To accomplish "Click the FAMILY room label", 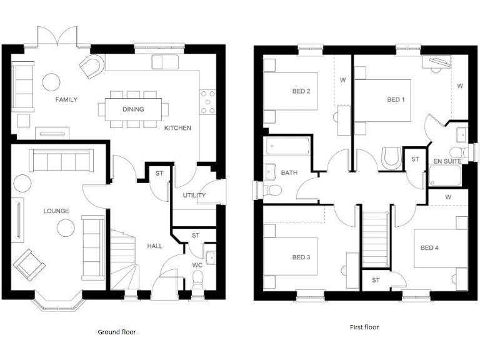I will (x=66, y=99).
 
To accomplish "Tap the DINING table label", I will (x=133, y=109).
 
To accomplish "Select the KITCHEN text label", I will (x=177, y=128).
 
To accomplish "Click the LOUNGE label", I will (x=56, y=211).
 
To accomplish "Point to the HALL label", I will (x=154, y=246).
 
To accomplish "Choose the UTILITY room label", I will (x=194, y=196).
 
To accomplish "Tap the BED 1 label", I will (x=396, y=99).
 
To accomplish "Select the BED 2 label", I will (x=301, y=91).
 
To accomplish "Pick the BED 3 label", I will (x=301, y=257).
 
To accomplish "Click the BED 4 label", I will (x=429, y=248).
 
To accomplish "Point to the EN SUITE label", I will (x=447, y=161).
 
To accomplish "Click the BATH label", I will (x=289, y=172).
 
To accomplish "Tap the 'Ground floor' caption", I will (x=116, y=332).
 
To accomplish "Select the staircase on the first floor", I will (x=376, y=237).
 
